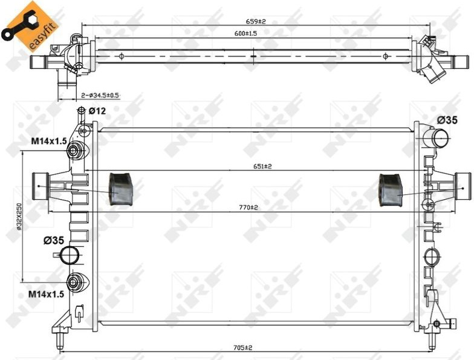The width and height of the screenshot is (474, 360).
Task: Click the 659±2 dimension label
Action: click(x=255, y=22)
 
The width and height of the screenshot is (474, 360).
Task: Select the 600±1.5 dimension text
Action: click(x=245, y=34)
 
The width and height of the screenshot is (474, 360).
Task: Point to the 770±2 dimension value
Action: click(x=248, y=208)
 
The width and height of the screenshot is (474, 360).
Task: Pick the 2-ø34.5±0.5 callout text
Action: click(x=100, y=96)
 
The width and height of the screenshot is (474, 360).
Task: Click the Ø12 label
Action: click(x=97, y=111)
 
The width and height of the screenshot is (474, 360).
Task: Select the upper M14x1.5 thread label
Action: click(x=50, y=140)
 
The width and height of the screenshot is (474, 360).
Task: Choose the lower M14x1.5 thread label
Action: click(x=46, y=294)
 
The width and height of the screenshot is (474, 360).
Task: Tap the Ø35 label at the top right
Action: click(x=447, y=120)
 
